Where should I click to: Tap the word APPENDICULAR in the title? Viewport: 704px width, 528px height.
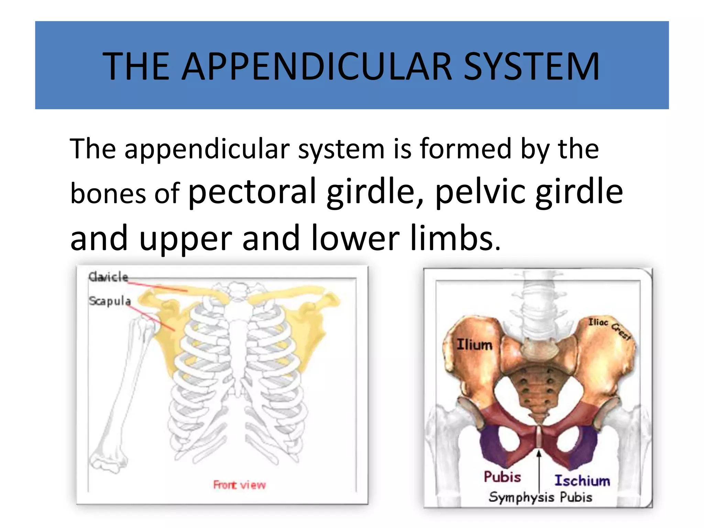(x=317, y=66)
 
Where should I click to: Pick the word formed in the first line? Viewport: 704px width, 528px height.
(x=465, y=148)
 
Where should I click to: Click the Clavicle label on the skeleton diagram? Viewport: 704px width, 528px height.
(x=108, y=277)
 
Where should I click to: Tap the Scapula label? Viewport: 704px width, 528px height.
(x=110, y=301)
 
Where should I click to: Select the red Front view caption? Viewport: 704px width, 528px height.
(x=239, y=485)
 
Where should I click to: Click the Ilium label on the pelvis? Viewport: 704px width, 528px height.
(x=474, y=344)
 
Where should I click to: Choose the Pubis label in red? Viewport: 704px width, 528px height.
(x=502, y=477)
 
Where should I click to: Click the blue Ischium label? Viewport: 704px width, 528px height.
(x=582, y=481)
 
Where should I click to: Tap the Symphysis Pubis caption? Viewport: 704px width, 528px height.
(x=540, y=497)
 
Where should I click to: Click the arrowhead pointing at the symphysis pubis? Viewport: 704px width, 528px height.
(x=539, y=454)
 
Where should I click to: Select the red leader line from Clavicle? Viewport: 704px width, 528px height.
(x=158, y=286)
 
